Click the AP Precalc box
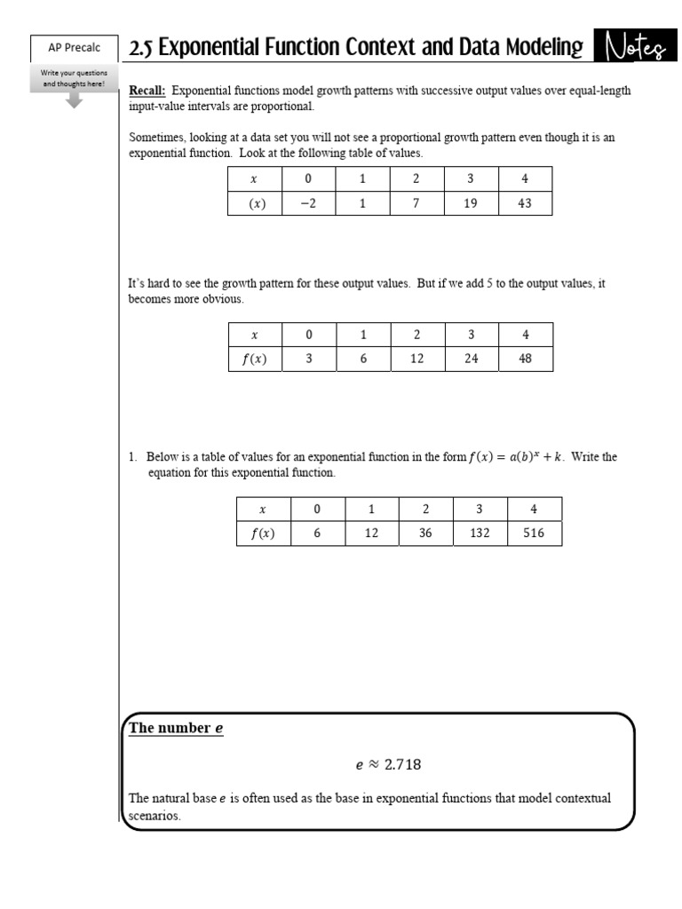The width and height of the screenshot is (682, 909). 75,48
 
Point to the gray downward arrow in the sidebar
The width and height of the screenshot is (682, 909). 75,100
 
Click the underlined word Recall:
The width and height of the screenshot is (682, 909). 147,91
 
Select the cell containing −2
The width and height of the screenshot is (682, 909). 308,203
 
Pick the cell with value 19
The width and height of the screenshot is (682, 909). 471,203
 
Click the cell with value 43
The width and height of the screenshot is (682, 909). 525,203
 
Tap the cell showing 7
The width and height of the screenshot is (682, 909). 416,203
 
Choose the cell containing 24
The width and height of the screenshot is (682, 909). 471,359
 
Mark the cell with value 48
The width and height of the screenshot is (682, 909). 525,359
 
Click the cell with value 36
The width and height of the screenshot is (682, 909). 425,534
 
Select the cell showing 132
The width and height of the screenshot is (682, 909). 480,534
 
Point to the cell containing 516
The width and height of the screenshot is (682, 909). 534,534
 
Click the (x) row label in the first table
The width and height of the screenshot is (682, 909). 255,203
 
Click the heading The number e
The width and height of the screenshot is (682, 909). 176,728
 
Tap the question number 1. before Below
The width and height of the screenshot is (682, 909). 132,457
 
